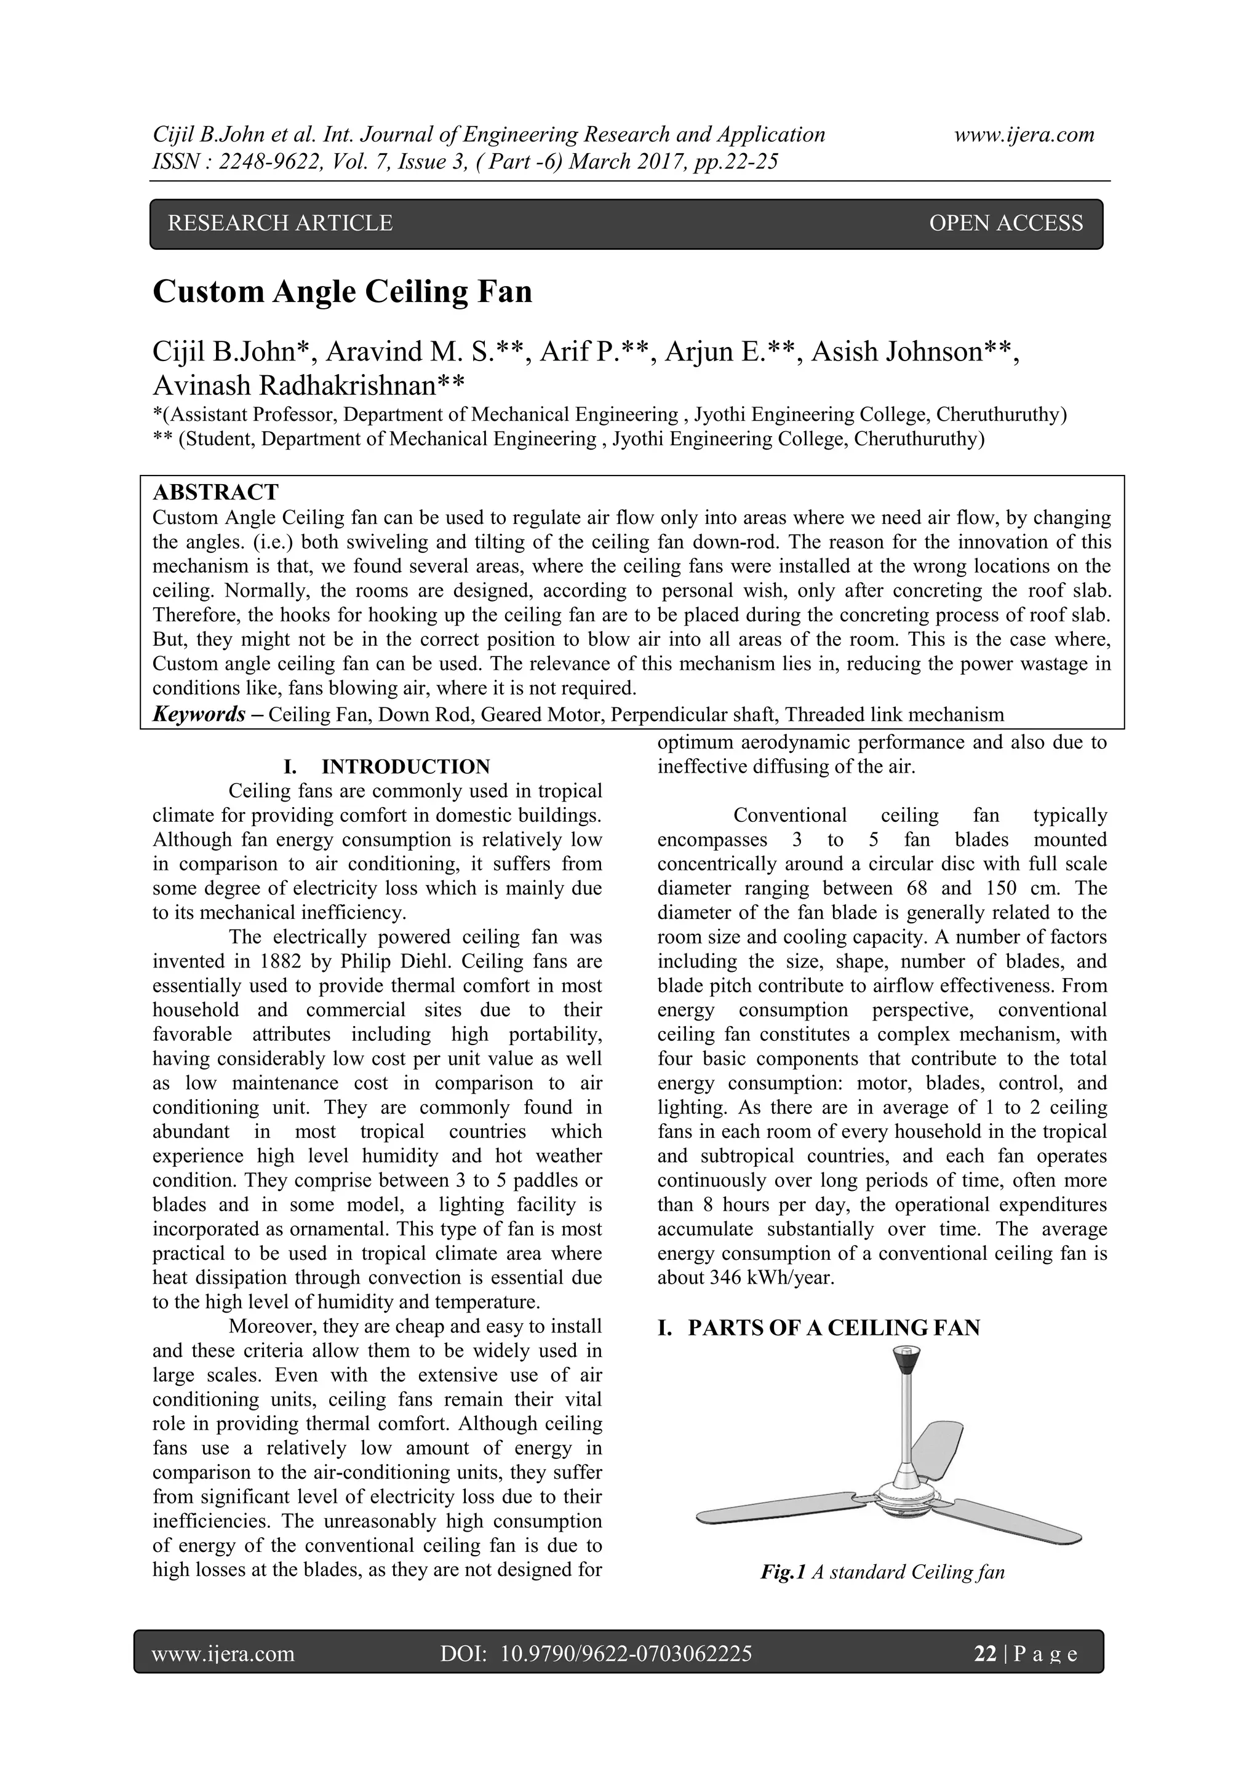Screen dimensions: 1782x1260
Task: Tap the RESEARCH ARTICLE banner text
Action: (281, 223)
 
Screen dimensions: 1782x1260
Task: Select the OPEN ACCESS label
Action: (1005, 223)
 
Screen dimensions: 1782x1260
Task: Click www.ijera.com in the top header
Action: (1024, 135)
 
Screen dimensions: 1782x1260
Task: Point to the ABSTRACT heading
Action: (216, 492)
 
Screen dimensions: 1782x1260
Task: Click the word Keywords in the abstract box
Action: (199, 714)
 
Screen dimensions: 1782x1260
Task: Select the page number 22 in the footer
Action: (985, 1654)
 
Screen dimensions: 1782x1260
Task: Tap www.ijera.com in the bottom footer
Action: (223, 1654)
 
